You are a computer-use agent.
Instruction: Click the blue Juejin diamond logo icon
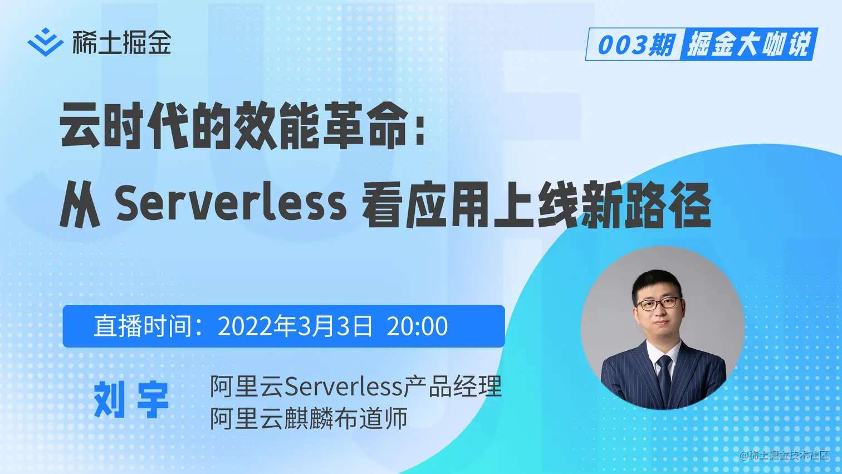click(46, 42)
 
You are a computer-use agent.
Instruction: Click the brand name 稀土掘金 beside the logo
click(122, 42)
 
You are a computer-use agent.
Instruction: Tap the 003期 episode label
click(635, 45)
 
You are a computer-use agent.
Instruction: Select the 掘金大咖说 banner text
click(748, 45)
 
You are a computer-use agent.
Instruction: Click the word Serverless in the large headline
click(231, 204)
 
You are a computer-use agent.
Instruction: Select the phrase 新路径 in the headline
click(646, 205)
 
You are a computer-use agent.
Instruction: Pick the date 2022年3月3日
click(295, 326)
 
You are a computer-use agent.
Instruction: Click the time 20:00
click(417, 326)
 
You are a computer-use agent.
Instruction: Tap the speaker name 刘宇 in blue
click(131, 399)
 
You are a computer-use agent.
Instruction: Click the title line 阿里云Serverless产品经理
click(356, 386)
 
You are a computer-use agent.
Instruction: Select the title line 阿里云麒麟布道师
click(309, 418)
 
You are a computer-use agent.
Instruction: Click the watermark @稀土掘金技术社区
click(784, 455)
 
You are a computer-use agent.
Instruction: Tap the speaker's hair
click(657, 284)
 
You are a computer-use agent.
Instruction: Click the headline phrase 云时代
click(124, 125)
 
